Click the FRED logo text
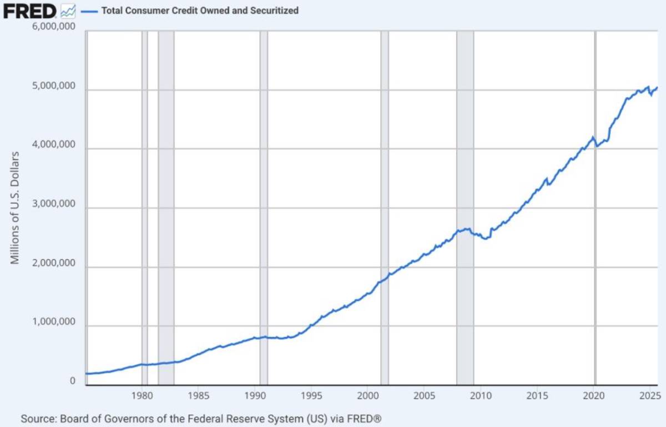[x=29, y=10]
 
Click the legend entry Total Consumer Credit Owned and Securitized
[x=200, y=10]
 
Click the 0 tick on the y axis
[x=73, y=381]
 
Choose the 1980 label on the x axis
[x=143, y=396]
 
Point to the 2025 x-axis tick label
[x=648, y=396]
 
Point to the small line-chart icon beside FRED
[x=68, y=10]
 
